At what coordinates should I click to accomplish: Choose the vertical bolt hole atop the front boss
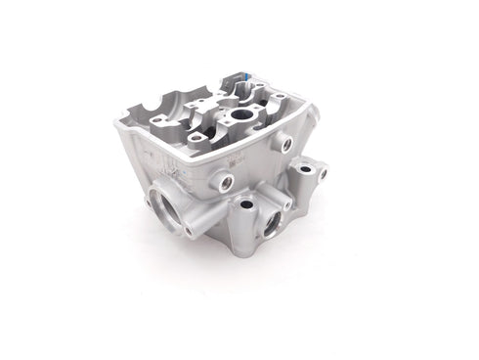(x=244, y=204)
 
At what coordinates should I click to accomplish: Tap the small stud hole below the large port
(x=186, y=232)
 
